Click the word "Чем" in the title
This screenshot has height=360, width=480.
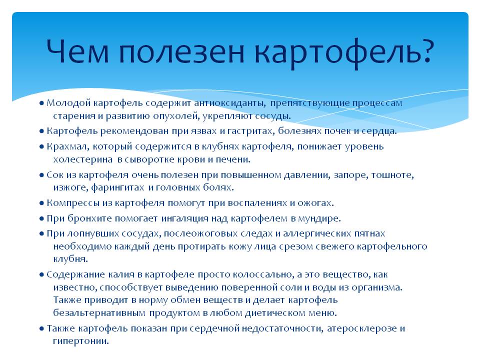pos(77,51)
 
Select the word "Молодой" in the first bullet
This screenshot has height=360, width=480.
pos(68,103)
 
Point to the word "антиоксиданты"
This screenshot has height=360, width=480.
pos(229,103)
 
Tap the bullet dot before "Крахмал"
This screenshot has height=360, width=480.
pos(41,146)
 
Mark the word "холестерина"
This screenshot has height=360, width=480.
pos(83,159)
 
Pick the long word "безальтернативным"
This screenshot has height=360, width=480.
pos(99,313)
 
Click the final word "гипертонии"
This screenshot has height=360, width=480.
pos(81,341)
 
